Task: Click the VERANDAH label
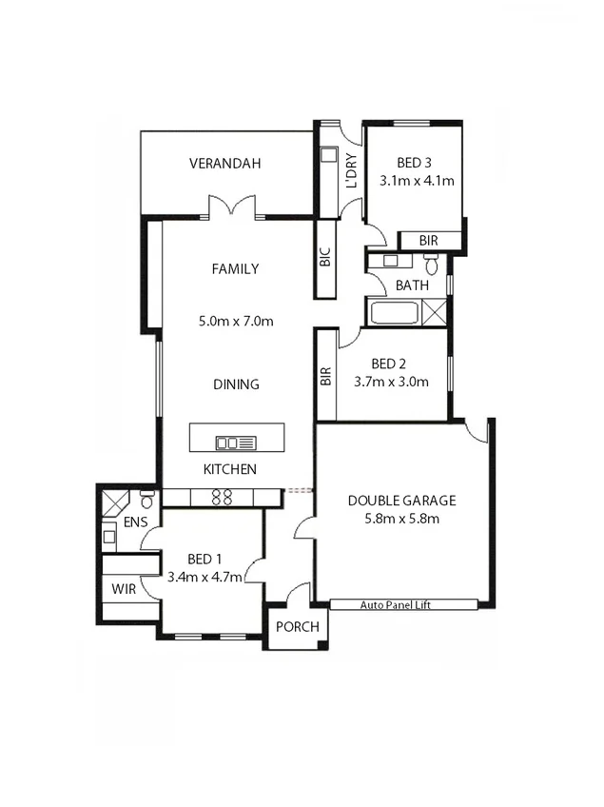pos(224,164)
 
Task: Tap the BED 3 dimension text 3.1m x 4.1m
pos(416,180)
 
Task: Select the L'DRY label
pos(351,172)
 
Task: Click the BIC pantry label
pos(324,258)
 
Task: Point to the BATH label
pos(412,285)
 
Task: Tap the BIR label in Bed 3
pos(428,241)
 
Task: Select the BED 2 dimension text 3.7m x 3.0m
pos(391,382)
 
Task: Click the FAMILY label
pos(235,269)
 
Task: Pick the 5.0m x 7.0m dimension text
pos(236,321)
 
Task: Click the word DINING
pos(236,384)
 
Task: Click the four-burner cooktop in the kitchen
pos(222,497)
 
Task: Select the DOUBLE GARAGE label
pos(401,501)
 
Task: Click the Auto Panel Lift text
pos(402,604)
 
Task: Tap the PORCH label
pos(297,627)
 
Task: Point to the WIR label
pos(124,589)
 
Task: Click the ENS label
pos(135,522)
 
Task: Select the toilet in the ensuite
pos(147,499)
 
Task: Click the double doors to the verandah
pos(232,207)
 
